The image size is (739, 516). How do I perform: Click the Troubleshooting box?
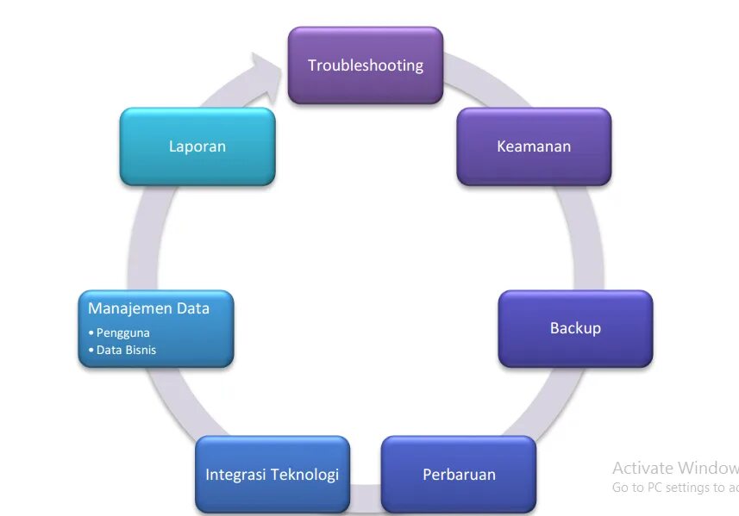(366, 65)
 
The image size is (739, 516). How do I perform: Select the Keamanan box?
(534, 146)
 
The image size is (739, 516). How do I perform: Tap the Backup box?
(575, 328)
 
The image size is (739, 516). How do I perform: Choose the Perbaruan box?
(459, 475)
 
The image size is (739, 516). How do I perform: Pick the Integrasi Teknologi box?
(272, 475)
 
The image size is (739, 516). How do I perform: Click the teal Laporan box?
(197, 146)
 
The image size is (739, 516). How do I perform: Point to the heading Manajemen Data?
(148, 308)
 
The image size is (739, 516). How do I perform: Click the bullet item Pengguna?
(122, 333)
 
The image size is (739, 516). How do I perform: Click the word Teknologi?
(304, 475)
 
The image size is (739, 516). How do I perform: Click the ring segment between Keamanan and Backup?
(587, 237)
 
